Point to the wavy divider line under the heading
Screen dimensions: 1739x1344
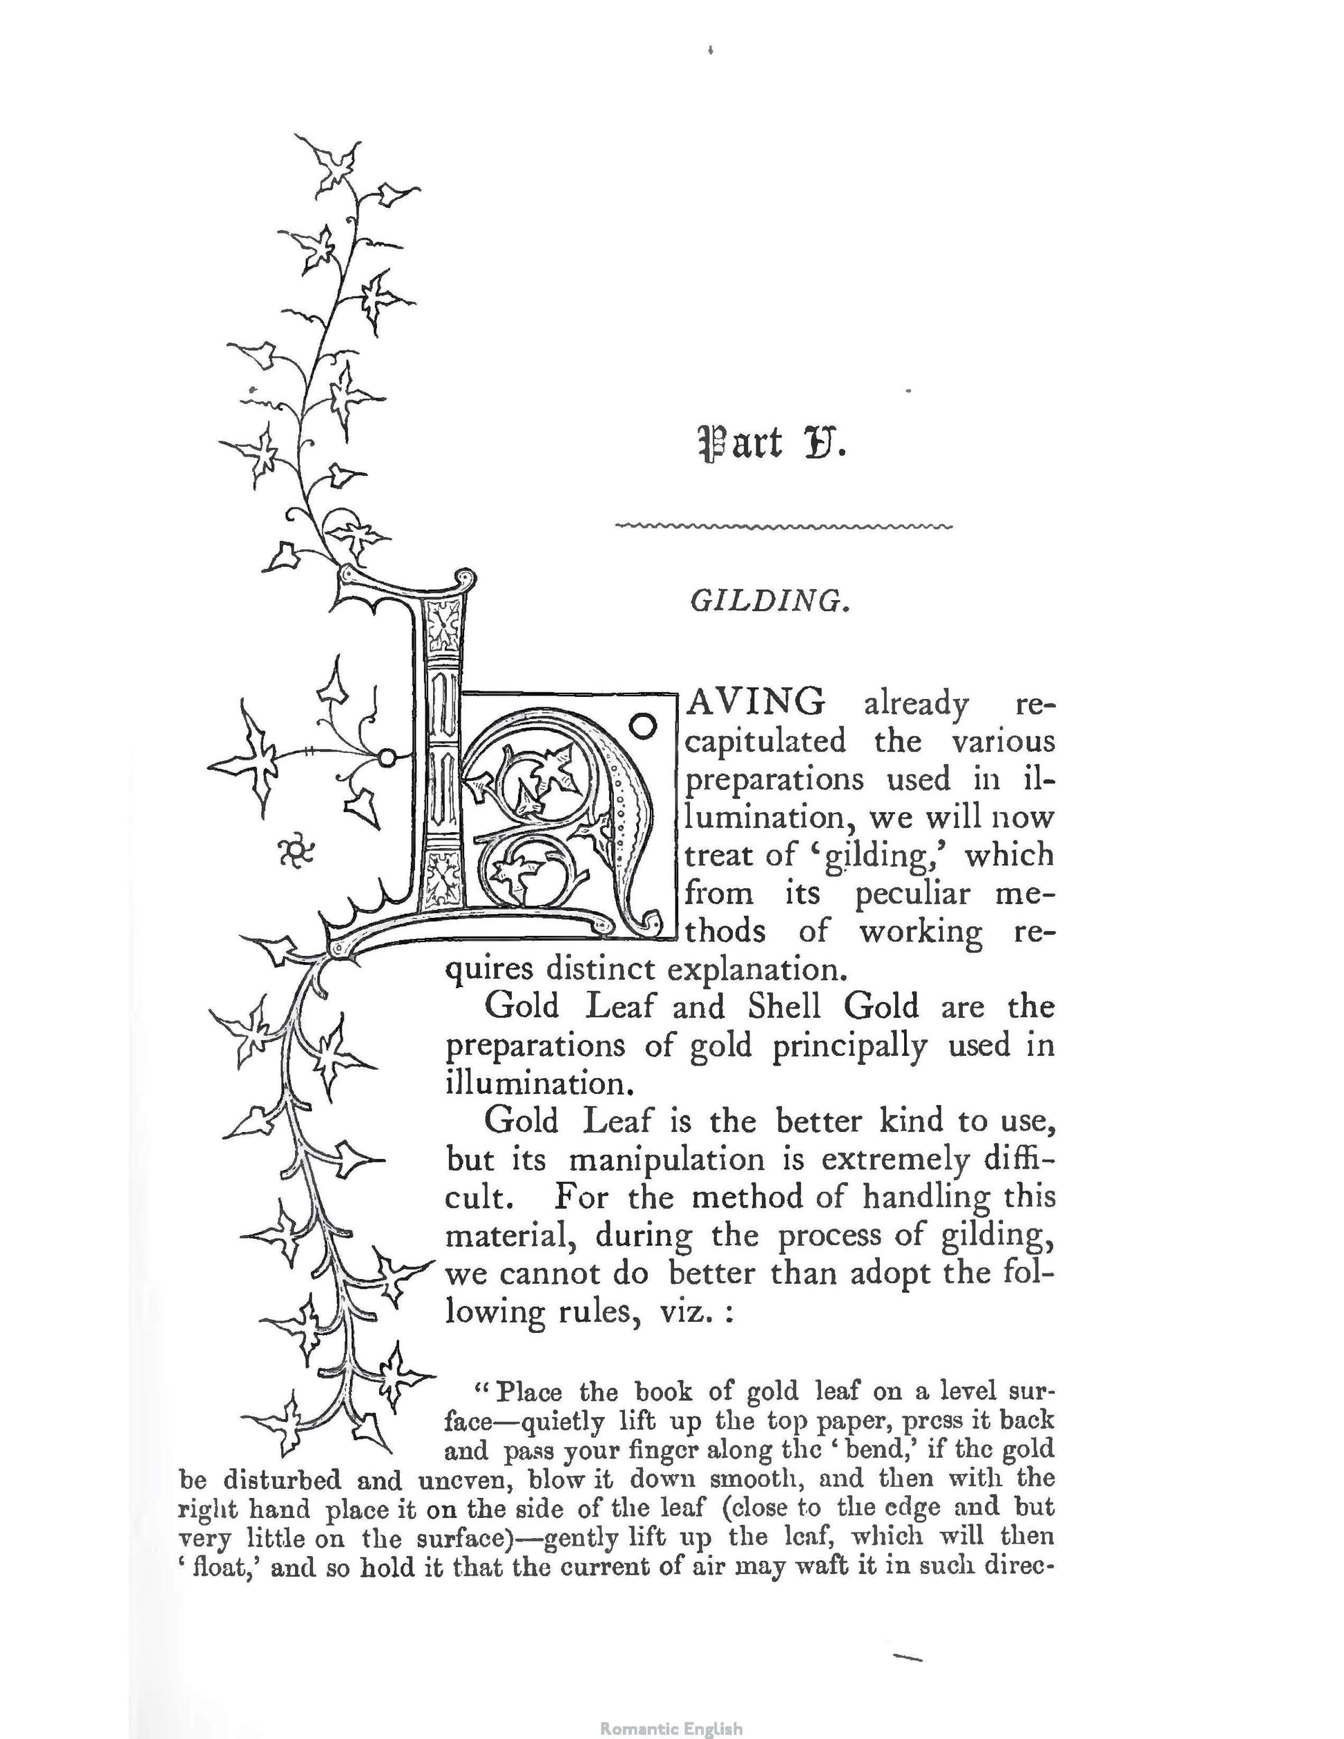[785, 526]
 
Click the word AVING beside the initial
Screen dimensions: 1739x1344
[756, 702]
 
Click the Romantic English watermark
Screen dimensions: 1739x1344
[671, 1722]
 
